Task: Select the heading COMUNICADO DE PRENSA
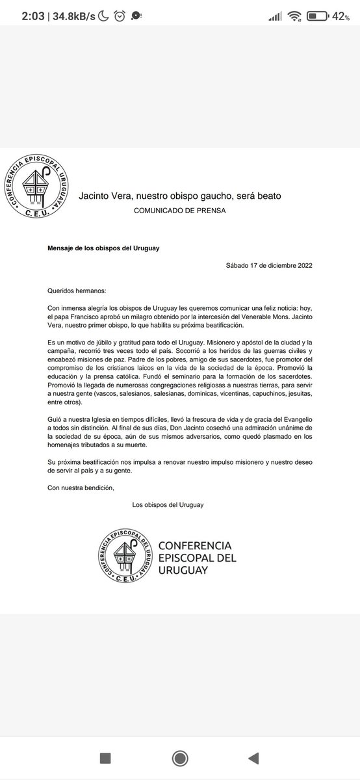(x=180, y=211)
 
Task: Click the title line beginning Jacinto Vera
(x=180, y=195)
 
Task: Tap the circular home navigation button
(x=179, y=757)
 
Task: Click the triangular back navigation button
(x=253, y=757)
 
